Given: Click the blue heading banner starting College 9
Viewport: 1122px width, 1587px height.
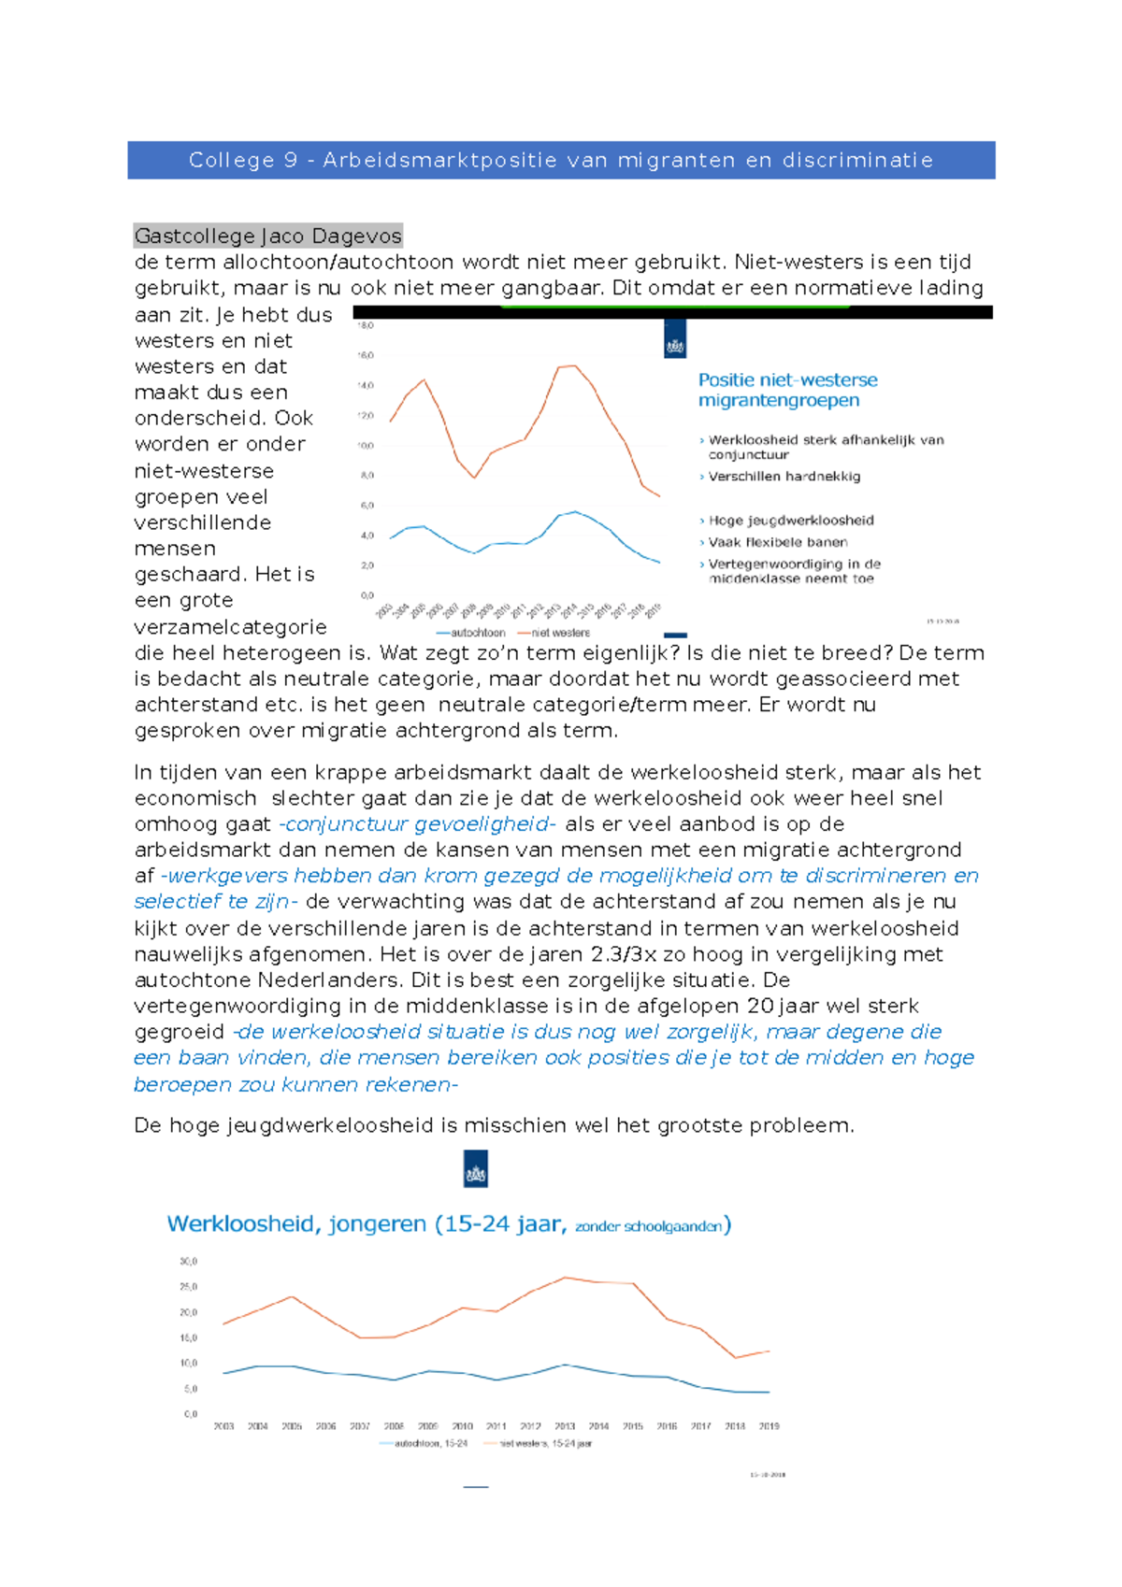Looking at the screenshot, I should [561, 160].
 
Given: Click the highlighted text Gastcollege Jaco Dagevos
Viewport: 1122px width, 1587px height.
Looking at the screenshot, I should [267, 236].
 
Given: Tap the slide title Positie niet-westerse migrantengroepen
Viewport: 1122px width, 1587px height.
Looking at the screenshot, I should [787, 390].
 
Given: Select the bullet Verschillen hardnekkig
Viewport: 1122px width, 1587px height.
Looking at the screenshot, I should [784, 477].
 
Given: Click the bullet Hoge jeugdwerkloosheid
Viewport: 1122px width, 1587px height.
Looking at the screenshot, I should [790, 521].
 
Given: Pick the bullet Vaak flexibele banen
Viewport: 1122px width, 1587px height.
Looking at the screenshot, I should [777, 542].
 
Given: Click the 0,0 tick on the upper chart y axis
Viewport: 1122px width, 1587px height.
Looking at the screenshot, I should [367, 595].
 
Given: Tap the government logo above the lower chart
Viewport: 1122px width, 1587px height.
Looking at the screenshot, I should [476, 1169].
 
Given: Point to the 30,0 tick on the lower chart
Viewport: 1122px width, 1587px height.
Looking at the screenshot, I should [188, 1262].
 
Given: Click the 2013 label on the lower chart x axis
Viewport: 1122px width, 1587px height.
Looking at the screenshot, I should [565, 1426].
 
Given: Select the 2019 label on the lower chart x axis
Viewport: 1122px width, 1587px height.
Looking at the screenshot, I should [769, 1426].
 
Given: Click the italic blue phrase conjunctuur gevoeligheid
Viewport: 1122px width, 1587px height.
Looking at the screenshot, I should [417, 824].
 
